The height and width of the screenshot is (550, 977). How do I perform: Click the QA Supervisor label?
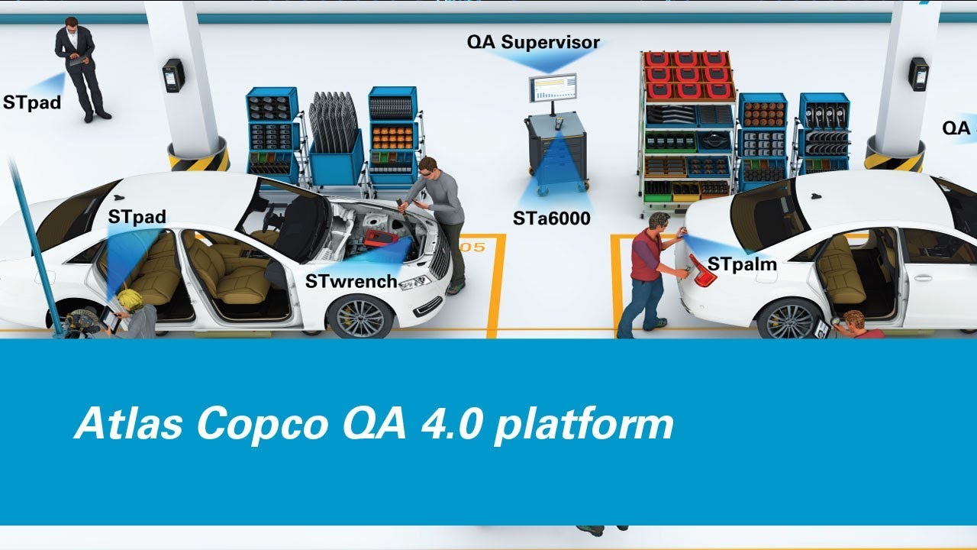533,42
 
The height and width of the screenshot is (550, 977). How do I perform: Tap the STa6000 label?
551,219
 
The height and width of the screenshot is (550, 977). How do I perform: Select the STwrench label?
351,281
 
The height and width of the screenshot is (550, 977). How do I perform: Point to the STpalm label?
742,264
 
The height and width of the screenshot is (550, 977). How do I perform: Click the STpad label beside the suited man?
31,102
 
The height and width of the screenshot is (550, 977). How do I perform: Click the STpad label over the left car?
137,217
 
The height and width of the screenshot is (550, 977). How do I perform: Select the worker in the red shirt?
645,275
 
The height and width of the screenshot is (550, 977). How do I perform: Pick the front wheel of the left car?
359,316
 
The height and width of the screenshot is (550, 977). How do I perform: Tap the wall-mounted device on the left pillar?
173,75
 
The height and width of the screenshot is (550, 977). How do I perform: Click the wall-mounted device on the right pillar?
918,74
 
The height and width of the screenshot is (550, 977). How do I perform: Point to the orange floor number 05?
472,247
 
